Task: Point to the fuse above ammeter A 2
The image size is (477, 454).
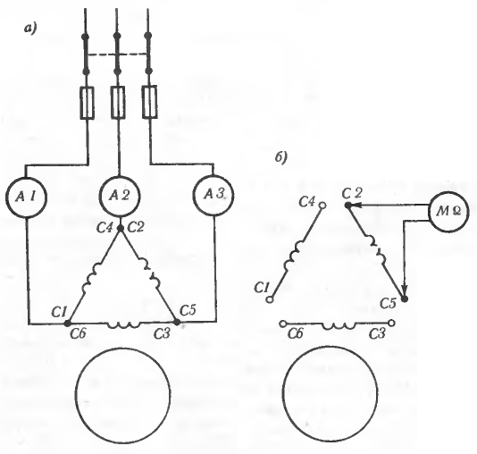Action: click(118, 103)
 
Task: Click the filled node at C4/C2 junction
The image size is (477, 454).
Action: click(121, 228)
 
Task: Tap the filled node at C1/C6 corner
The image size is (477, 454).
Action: click(68, 324)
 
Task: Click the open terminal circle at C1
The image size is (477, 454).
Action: click(269, 299)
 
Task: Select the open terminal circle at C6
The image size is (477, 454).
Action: click(283, 324)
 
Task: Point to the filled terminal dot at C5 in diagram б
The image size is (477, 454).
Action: click(405, 298)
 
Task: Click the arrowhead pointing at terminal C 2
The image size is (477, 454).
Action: click(356, 206)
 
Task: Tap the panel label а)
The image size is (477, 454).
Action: click(30, 29)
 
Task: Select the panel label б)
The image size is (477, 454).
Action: click(281, 157)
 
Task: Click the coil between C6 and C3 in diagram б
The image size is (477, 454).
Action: click(339, 325)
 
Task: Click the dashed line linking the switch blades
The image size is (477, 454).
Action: click(117, 55)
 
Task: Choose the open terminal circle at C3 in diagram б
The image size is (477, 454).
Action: click(392, 323)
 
